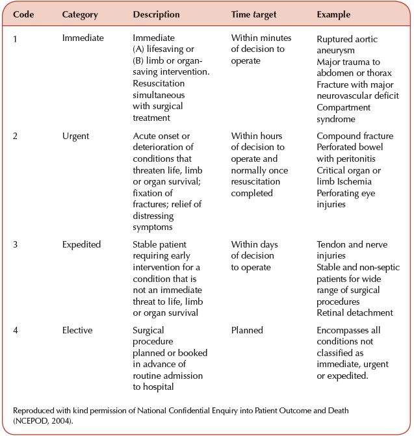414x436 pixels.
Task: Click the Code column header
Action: point(24,14)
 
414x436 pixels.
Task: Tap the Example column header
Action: point(333,14)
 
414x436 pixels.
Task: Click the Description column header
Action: point(156,14)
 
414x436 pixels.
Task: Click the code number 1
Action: point(16,38)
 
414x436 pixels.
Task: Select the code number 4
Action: point(16,330)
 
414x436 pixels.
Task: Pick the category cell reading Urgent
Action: point(75,136)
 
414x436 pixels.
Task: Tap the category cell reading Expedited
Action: point(81,244)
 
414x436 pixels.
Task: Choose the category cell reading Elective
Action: point(77,330)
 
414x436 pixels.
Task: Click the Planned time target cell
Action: point(247,330)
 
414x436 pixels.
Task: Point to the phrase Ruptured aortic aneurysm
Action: point(347,44)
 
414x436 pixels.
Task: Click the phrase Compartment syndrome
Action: point(343,113)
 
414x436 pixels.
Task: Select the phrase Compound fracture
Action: point(355,136)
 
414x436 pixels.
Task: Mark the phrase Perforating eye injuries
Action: point(346,199)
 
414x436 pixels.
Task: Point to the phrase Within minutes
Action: point(261,38)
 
